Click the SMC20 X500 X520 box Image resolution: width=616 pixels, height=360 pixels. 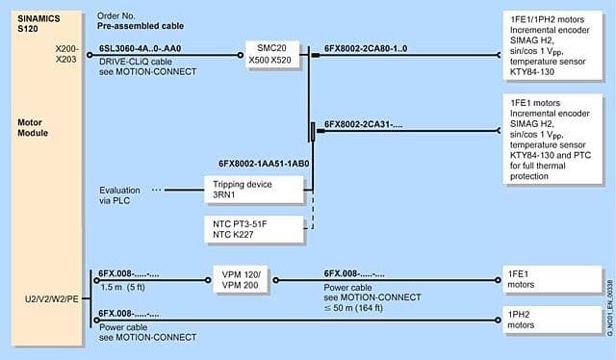click(272, 54)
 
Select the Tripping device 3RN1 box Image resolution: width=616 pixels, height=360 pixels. click(254, 190)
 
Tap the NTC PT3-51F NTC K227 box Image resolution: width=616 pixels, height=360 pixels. click(254, 229)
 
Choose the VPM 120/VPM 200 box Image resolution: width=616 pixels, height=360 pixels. click(240, 279)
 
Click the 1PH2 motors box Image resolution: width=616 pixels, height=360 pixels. click(552, 320)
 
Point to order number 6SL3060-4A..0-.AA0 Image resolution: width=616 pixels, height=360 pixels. click(141, 49)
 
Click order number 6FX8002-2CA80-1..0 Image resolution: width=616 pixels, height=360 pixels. click(366, 49)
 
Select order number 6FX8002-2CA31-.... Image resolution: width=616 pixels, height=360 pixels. click(364, 124)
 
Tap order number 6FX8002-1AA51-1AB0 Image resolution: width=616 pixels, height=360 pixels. click(264, 164)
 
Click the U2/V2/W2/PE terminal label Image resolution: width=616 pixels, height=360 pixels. click(52, 299)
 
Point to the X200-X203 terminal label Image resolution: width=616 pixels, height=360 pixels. click(66, 54)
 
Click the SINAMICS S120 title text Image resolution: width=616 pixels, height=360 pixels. click(38, 23)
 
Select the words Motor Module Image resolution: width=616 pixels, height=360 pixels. click(33, 128)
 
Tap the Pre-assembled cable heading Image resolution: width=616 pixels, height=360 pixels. click(141, 26)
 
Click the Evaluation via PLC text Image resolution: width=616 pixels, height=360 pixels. click(119, 195)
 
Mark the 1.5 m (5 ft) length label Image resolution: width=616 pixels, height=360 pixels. click(123, 287)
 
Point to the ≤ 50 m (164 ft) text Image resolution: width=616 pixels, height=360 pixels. click(353, 308)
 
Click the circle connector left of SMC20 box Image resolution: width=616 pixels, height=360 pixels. click(241, 55)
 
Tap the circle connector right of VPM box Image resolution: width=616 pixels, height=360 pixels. click(276, 280)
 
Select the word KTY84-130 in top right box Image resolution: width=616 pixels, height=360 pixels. click(532, 72)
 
